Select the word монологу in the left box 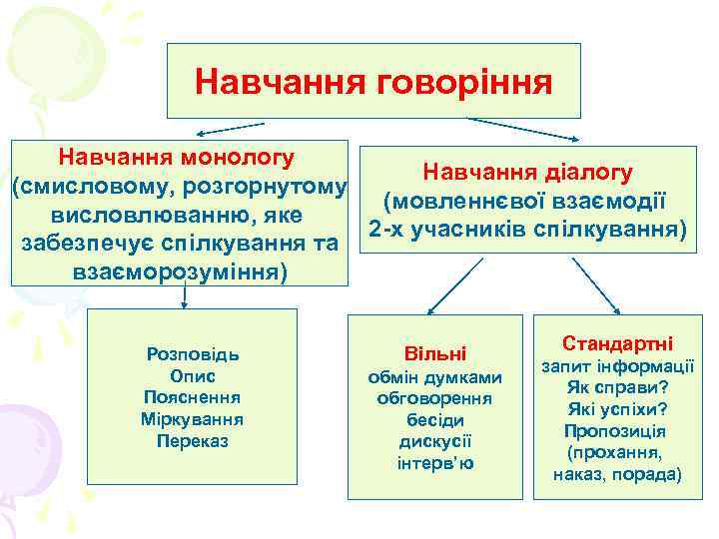coord(235,157)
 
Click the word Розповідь coord(193,354)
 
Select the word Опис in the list coord(193,375)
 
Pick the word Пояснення coord(193,397)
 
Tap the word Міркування coord(193,418)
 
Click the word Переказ coord(193,439)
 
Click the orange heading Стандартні coord(617,343)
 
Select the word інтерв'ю coord(435,463)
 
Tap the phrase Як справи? coord(617,387)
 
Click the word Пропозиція coord(617,431)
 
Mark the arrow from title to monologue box coord(230,128)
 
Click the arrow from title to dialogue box coord(524,129)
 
